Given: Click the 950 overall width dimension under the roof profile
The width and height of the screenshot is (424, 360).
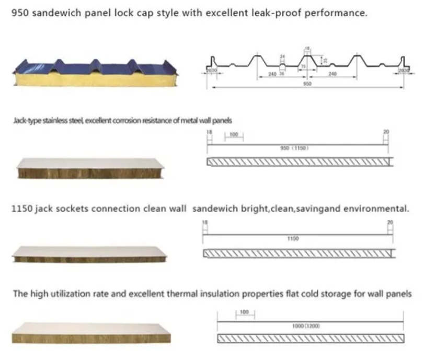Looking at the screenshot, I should coord(306,84).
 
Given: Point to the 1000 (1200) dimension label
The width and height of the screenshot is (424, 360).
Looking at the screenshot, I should coord(306,326).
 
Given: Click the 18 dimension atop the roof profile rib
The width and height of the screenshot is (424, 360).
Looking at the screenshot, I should coord(307,49).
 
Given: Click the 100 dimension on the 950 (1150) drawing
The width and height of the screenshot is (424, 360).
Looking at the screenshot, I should coord(233,135).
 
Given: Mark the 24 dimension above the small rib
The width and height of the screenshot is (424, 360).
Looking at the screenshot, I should coord(282,56).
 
